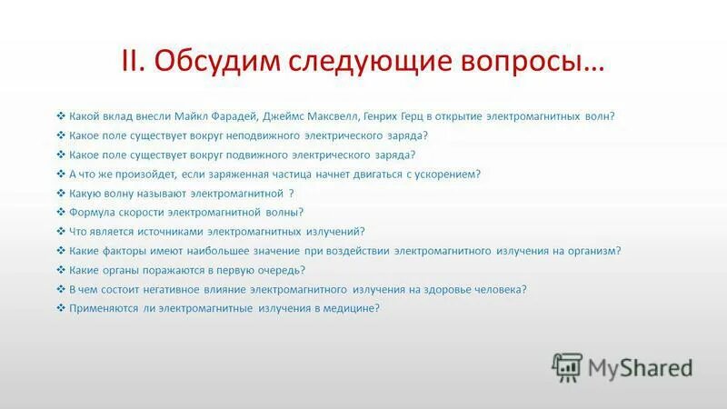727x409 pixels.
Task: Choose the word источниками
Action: click(168, 231)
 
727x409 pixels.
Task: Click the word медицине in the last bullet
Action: click(352, 308)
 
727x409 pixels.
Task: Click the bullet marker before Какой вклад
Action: click(60, 116)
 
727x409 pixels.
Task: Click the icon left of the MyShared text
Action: click(566, 366)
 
